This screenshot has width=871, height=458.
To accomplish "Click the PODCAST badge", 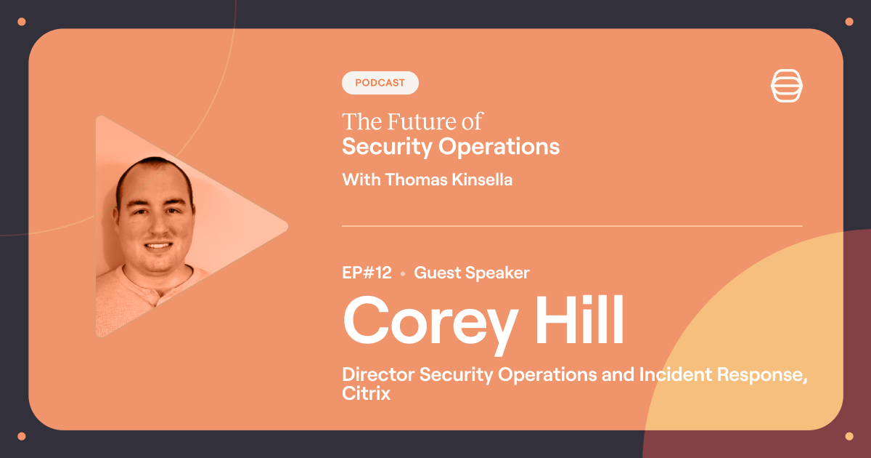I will [380, 83].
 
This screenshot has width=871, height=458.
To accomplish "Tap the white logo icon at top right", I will [788, 87].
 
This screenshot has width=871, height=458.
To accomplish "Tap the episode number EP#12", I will [367, 273].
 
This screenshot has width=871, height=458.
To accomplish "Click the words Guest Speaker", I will [472, 273].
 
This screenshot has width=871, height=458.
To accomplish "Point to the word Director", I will [377, 375].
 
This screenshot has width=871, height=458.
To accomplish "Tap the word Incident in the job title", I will [672, 375].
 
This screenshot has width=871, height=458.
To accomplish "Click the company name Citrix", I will [366, 394].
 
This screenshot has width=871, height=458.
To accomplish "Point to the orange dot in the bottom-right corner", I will [848, 436].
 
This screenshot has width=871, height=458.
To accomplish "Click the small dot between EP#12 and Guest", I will [402, 275].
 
